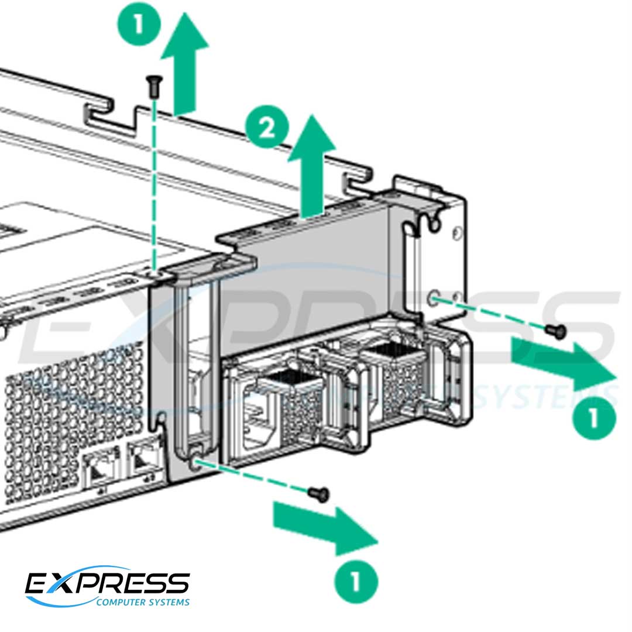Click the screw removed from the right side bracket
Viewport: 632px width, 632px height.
click(555, 331)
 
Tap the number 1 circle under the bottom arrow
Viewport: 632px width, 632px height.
click(355, 582)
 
